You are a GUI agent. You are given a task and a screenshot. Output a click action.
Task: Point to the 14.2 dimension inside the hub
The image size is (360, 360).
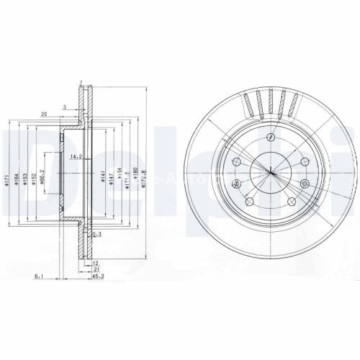pos(73,156)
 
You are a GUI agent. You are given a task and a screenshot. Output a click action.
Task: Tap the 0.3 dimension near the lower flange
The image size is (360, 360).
pos(97,235)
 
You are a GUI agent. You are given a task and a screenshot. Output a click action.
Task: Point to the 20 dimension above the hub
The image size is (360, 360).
pos(45,114)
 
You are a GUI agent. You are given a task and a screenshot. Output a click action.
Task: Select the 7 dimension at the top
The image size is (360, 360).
pos(81,83)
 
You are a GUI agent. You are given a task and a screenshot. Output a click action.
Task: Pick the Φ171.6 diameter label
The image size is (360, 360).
pos(127,177)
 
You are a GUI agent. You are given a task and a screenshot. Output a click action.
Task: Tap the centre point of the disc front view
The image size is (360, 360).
pos(269,172)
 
